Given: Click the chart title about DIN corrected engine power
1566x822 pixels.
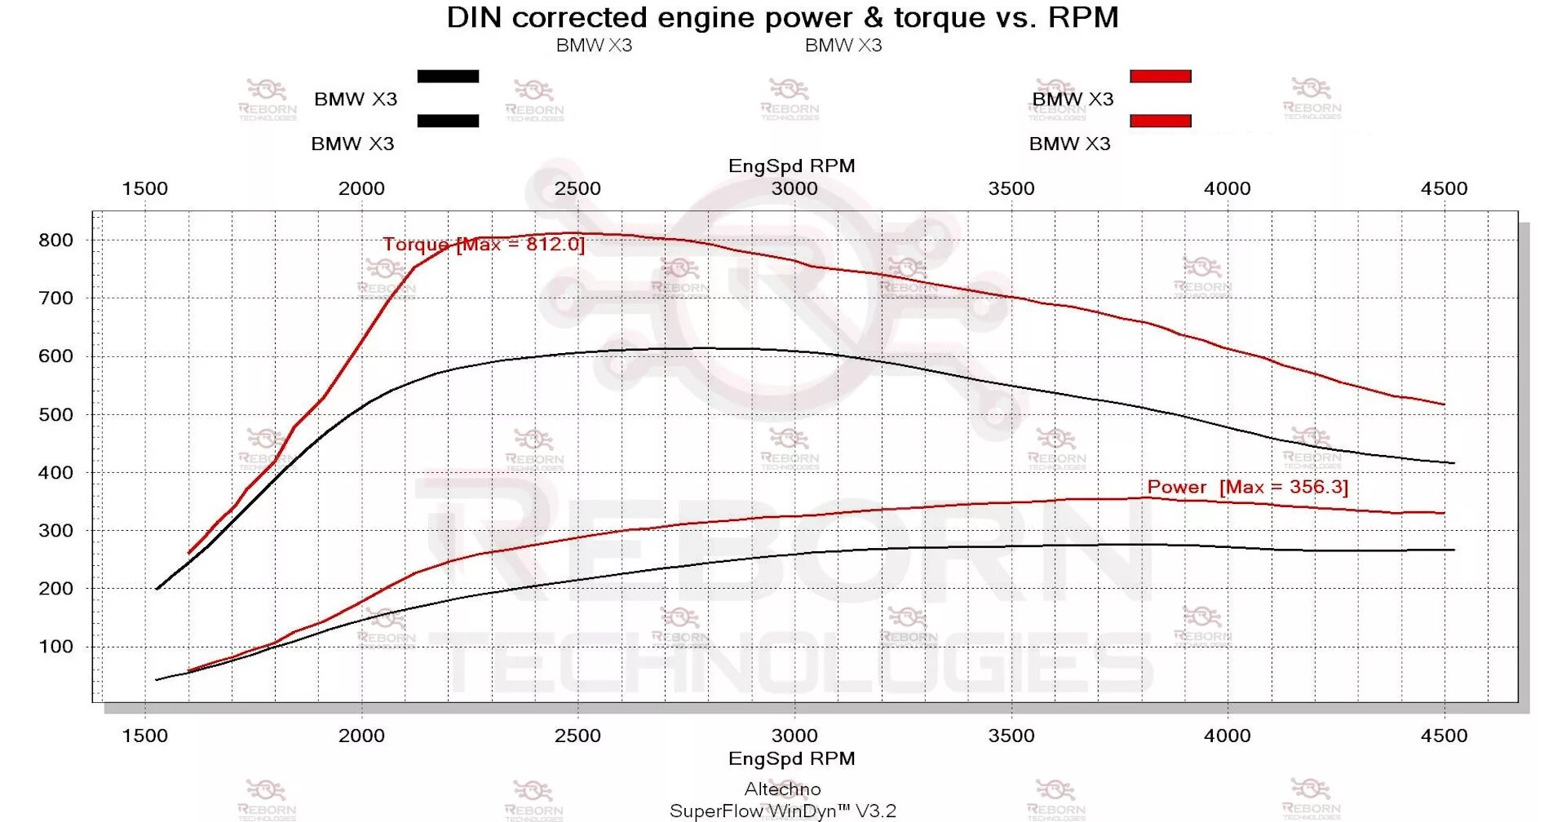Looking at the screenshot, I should click(x=782, y=17).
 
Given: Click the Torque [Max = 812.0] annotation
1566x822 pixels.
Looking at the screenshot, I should click(x=484, y=244).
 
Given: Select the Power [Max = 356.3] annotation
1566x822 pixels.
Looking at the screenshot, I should click(x=1247, y=487).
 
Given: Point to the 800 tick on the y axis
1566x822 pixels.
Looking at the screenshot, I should click(x=55, y=240).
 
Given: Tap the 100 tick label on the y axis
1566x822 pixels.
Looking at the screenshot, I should click(x=55, y=647).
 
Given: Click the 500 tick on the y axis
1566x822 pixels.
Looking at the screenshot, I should click(x=55, y=414).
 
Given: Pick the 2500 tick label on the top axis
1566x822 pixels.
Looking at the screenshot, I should click(x=577, y=188).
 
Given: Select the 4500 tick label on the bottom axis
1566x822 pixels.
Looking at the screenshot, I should click(x=1444, y=736).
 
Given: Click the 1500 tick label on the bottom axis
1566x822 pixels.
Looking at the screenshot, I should click(x=145, y=736).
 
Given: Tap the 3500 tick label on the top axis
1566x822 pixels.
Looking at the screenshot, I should click(x=1011, y=188).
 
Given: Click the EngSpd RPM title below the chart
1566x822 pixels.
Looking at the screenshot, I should click(x=791, y=758).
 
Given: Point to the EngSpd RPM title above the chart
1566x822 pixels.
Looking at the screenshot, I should click(x=791, y=166).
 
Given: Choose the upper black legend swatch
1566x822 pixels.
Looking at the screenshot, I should click(x=448, y=77).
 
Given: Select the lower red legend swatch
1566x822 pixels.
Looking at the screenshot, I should click(x=1160, y=121).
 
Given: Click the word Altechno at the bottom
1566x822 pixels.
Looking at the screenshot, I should click(x=782, y=789).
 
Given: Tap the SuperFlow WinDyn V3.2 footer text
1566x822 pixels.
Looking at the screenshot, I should click(x=782, y=811).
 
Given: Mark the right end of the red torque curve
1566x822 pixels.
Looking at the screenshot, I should click(x=1444, y=404).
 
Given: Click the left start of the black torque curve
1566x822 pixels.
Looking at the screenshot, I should click(x=157, y=589).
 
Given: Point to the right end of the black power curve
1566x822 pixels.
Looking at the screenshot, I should click(x=1454, y=550).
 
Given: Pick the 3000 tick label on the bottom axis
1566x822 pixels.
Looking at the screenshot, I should click(x=794, y=736).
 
